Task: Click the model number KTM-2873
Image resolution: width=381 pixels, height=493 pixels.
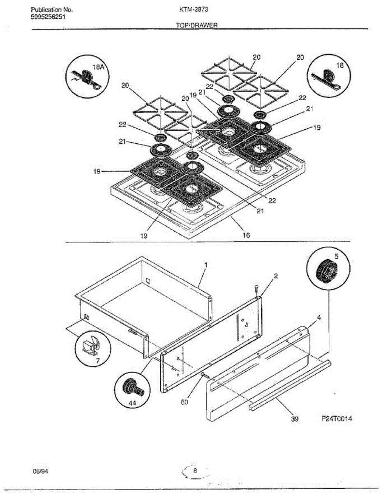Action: click(194, 9)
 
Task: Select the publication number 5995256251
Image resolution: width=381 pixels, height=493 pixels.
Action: click(48, 17)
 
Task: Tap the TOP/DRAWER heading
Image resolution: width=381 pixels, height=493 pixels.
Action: click(197, 25)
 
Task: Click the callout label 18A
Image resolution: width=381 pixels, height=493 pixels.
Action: click(98, 67)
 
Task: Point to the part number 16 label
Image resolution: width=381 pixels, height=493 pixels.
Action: click(246, 235)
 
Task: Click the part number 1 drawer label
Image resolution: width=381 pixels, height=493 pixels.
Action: click(206, 265)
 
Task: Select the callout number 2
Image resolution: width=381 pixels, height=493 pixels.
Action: click(276, 276)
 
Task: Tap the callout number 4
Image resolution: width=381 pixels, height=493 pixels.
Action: click(319, 318)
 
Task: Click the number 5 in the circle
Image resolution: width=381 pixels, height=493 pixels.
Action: click(336, 256)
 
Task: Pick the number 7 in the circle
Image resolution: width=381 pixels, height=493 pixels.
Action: click(98, 360)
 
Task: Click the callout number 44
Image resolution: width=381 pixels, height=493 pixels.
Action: click(132, 403)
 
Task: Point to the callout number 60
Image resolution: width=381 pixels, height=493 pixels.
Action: click(185, 402)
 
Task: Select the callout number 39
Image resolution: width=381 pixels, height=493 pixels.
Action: click(295, 419)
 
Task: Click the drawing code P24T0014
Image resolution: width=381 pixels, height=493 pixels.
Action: click(337, 419)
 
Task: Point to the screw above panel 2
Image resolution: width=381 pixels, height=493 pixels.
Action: click(256, 290)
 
